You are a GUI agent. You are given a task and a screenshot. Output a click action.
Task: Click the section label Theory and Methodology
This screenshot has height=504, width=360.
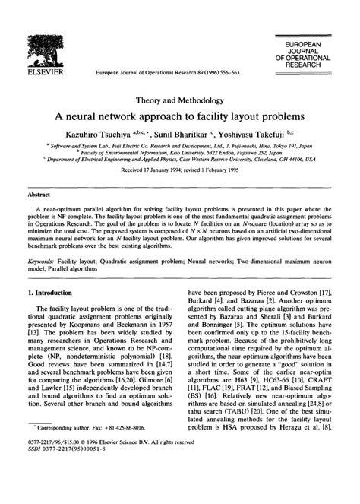(x=180, y=100)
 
